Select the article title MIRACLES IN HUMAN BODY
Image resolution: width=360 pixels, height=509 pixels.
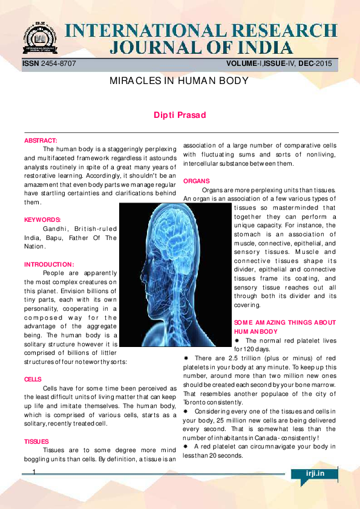[179, 80]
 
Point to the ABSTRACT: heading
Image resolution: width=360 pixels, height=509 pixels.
[41, 140]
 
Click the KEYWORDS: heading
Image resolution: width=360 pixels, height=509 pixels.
[43, 220]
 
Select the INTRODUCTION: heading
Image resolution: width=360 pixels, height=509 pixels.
[49, 264]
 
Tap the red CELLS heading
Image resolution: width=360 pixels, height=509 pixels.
[33, 379]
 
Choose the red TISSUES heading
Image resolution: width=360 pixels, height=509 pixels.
[36, 442]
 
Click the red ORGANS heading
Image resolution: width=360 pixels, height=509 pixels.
[196, 181]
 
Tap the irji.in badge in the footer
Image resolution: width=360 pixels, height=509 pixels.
[315, 474]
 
